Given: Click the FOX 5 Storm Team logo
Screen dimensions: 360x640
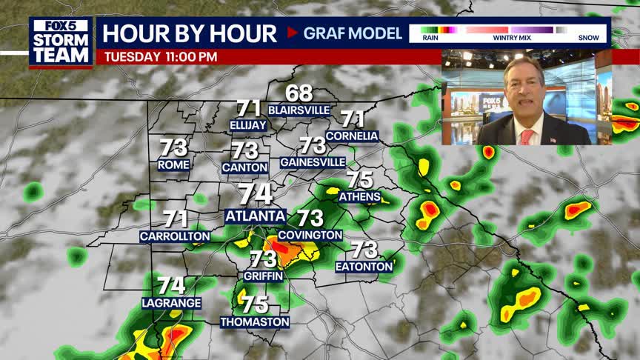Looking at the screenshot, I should [61, 41].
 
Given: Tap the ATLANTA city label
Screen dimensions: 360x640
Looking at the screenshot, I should [256, 216].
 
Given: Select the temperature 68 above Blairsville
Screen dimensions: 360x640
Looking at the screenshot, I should [299, 94].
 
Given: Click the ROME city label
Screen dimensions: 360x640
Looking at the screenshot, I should [173, 164].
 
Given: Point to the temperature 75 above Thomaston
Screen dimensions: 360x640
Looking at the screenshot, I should [255, 304].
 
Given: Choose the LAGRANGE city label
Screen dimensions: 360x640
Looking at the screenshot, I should [171, 303].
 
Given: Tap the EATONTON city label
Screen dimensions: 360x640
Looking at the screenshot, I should [364, 266].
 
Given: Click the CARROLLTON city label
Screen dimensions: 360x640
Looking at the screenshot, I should [175, 236].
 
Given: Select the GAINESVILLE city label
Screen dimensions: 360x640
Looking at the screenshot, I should [313, 161].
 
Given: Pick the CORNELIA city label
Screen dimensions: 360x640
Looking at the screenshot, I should [352, 136].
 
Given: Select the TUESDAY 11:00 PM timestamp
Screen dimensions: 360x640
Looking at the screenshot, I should [161, 56].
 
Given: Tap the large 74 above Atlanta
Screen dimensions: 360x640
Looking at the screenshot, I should [256, 194].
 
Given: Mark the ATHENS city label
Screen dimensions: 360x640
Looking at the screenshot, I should [359, 196].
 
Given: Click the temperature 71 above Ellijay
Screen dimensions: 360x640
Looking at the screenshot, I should [248, 108].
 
